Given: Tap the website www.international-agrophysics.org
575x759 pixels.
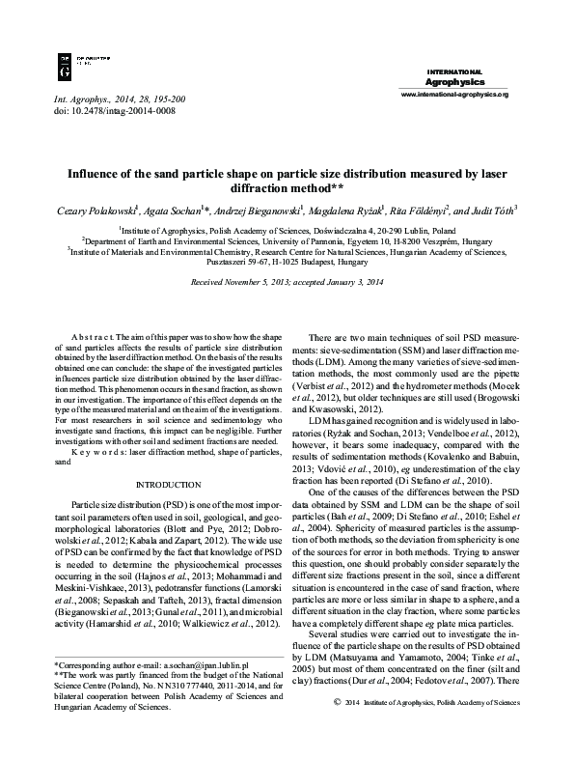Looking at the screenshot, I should pos(453,96).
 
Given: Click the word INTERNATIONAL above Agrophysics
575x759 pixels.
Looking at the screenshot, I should pos(453,71).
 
